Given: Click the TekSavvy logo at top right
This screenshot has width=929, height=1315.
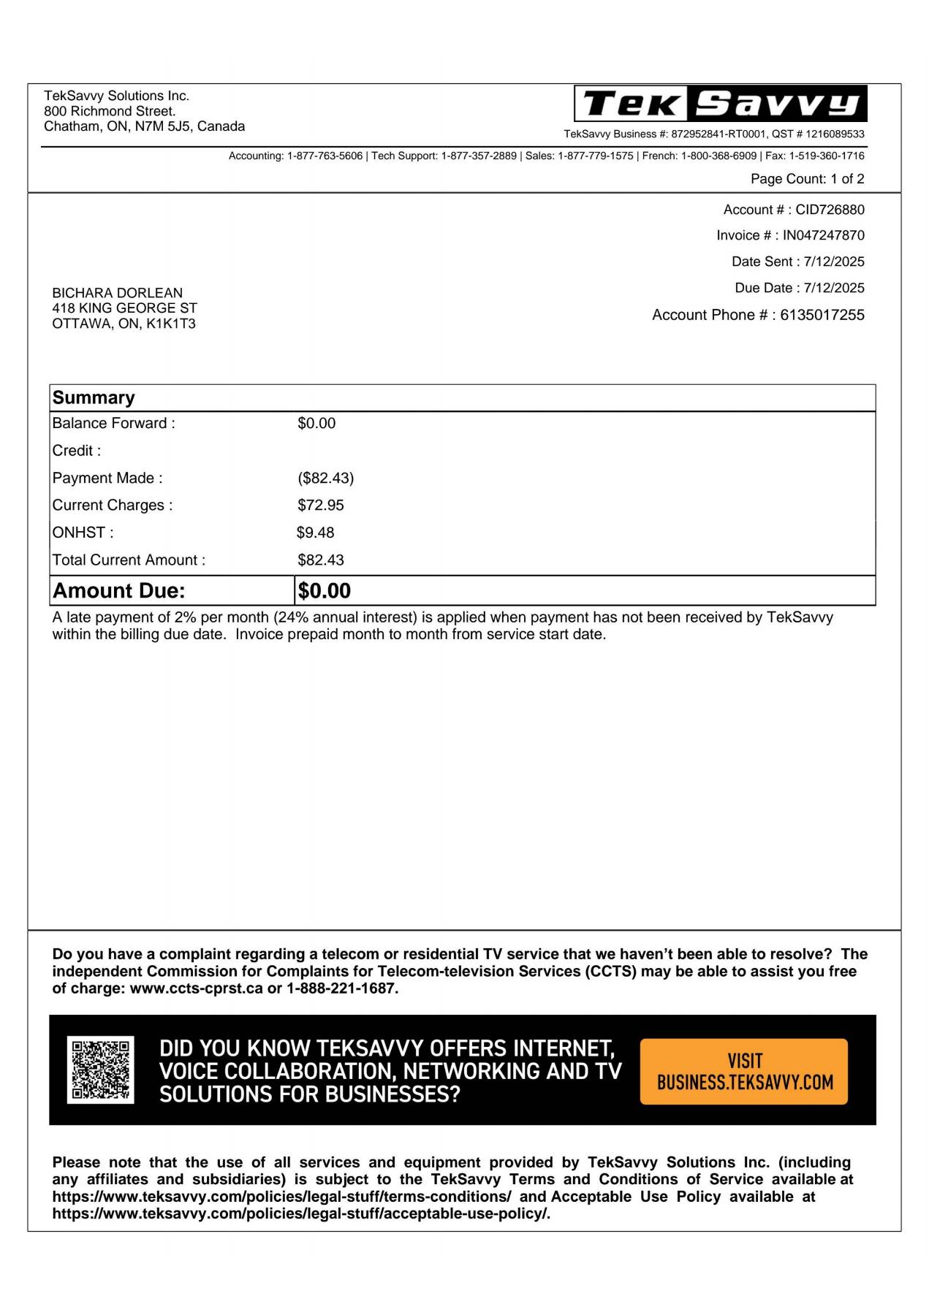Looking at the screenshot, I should pos(720,104).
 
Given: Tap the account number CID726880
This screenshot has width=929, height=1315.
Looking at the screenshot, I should pos(830,210).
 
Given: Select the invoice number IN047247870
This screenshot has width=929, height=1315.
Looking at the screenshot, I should pos(823,235).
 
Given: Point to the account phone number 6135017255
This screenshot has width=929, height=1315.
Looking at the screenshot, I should pos(822,315).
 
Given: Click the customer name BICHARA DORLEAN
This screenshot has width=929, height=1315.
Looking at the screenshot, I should pos(117,293).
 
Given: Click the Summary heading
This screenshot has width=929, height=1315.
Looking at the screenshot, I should pos(94,398).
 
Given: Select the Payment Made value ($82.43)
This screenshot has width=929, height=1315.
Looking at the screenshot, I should pos(325,479).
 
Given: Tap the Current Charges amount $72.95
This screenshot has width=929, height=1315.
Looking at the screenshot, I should pos(320,506).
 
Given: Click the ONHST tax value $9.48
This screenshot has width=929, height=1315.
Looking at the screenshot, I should pos(315,533).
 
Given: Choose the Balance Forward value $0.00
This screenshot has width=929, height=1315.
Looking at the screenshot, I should pos(316,424).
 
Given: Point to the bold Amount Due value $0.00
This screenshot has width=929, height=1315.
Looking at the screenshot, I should pos(324,591).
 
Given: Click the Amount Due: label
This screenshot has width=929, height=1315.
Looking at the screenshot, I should pos(119,591).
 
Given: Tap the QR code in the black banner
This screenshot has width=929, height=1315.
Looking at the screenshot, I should pos(100,1070).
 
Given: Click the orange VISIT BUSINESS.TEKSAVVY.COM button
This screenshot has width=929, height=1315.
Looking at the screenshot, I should pos(743,1071).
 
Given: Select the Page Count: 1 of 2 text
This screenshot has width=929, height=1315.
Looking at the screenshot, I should pos(807,179).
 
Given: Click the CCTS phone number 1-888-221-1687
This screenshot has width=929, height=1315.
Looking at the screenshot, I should pos(341,988).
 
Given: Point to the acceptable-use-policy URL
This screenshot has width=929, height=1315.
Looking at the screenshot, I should pos(300,1214).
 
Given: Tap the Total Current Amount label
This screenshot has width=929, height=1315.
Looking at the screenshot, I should pos(129,560).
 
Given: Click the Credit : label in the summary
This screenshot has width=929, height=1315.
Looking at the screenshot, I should pos(77,451).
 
